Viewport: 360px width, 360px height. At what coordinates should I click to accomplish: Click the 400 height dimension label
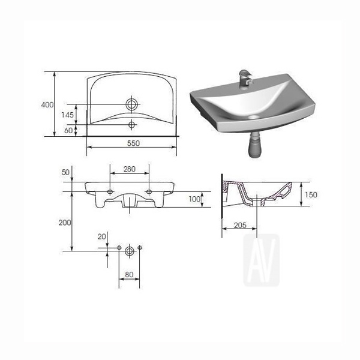point(47,105)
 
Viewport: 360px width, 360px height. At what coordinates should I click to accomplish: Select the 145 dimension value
point(67,115)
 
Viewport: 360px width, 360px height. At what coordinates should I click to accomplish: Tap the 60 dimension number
point(68,130)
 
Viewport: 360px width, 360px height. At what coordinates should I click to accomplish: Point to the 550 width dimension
point(133,143)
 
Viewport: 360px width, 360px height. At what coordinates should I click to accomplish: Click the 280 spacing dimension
point(130,169)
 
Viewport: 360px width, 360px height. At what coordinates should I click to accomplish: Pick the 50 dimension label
point(65,172)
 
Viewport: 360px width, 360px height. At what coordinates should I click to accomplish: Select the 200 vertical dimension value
point(65,223)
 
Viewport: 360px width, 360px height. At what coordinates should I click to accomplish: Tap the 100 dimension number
point(194,199)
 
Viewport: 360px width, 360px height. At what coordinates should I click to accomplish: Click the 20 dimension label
point(102,236)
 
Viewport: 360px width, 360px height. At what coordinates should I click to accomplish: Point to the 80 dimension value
point(129,275)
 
